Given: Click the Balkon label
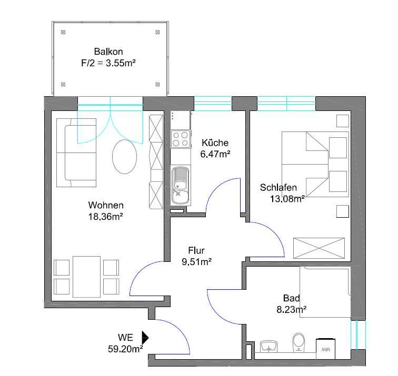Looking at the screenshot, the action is tap(108, 52).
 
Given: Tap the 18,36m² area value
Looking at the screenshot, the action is tap(106, 217).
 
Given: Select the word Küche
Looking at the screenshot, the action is tap(215, 143).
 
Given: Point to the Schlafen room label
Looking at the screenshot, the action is tap(278, 188).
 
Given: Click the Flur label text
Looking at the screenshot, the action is tap(196, 250).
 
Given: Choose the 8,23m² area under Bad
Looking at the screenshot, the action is tap(292, 310).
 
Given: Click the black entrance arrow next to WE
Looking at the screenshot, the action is tap(145, 338).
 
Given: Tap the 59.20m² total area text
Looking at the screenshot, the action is tap(125, 349).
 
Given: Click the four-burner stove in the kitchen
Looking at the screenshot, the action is tap(181, 139).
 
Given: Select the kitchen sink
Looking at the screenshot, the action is tap(181, 186).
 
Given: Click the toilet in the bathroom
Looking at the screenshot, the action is tap(299, 342).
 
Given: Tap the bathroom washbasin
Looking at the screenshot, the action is tap(269, 347).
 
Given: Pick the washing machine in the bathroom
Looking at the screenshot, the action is tap(325, 349).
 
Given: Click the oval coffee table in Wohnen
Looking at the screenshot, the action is tap(124, 157).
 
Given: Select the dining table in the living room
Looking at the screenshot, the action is tap(86, 277).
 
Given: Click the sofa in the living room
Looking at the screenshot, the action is tap(76, 153).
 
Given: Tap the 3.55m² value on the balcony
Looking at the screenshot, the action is tap(121, 63).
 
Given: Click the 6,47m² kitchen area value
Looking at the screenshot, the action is tap(215, 154).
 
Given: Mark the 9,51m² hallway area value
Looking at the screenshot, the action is tap(197, 262).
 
